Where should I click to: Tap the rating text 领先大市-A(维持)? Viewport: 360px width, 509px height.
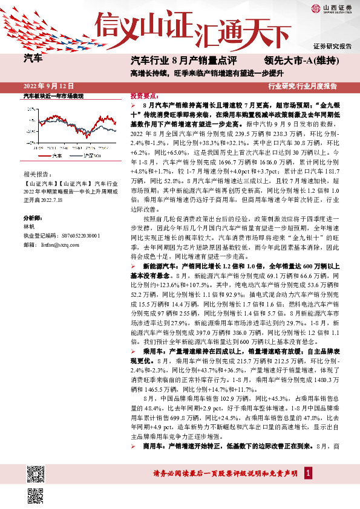(x=300, y=60)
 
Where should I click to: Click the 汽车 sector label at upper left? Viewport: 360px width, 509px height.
(x=33, y=59)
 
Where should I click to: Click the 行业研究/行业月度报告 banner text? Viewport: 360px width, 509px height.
(x=311, y=86)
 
